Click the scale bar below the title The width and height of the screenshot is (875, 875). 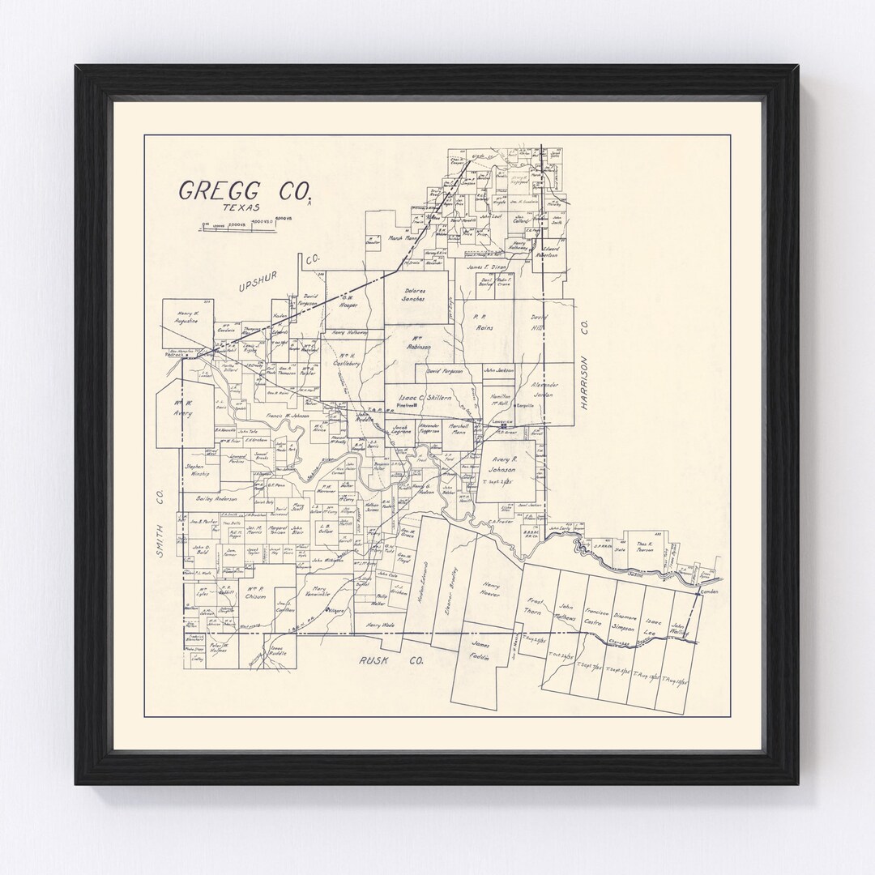pos(239,227)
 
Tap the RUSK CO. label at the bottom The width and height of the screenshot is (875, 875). pos(392,660)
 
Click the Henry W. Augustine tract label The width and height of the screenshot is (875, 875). pos(187,318)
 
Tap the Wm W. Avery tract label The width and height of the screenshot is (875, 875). pos(183,408)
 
